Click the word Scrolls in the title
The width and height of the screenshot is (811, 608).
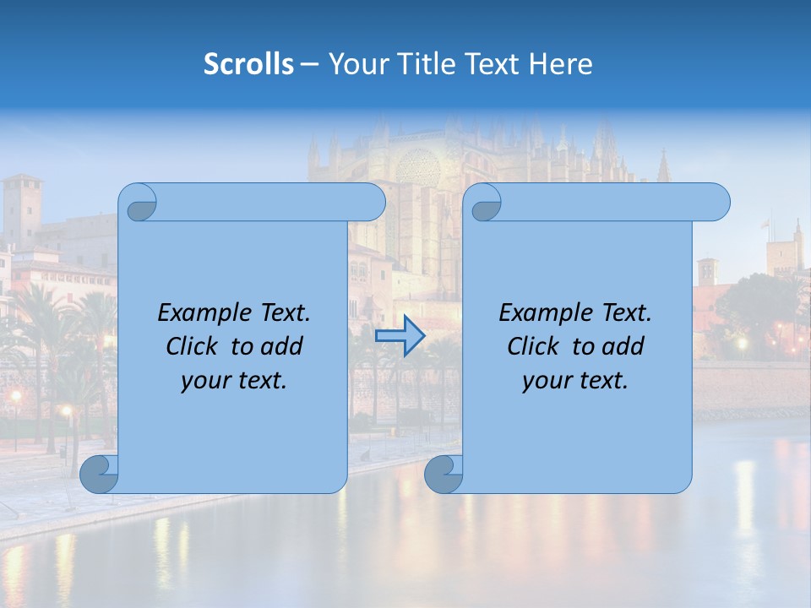tap(249, 64)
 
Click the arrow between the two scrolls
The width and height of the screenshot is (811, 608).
tap(400, 337)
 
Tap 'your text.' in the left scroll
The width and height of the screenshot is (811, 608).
tap(234, 381)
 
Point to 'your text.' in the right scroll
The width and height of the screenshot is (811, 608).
tap(575, 381)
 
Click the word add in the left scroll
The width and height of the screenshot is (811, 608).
tap(283, 346)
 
